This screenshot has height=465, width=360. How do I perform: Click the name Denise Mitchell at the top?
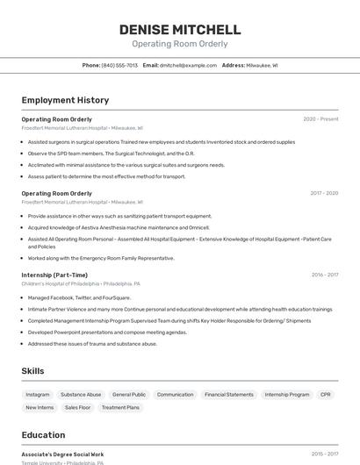(180, 30)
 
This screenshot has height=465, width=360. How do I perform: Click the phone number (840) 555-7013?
(119, 65)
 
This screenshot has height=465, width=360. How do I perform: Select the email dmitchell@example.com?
(189, 65)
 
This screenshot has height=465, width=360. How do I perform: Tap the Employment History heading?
(65, 100)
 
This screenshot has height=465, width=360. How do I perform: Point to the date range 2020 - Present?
(320, 119)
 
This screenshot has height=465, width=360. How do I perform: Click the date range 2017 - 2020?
(323, 193)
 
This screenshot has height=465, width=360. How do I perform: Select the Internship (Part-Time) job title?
(54, 275)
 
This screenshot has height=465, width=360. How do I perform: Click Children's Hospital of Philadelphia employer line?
(81, 284)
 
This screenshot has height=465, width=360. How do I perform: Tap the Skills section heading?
(33, 371)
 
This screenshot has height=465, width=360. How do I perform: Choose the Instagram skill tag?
(38, 395)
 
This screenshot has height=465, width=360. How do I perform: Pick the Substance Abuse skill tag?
(81, 395)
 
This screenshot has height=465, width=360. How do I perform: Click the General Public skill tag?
(129, 395)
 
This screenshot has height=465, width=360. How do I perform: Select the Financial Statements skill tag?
(228, 395)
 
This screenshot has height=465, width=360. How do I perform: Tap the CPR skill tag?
(326, 395)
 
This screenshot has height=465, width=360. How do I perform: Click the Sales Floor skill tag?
(77, 407)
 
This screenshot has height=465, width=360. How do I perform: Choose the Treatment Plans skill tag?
(120, 407)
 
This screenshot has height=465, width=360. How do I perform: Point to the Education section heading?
(43, 435)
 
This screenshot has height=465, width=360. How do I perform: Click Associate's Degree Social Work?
(62, 454)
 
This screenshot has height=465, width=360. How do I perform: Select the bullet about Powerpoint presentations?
(107, 333)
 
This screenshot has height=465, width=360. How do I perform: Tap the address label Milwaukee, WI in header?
(262, 65)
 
